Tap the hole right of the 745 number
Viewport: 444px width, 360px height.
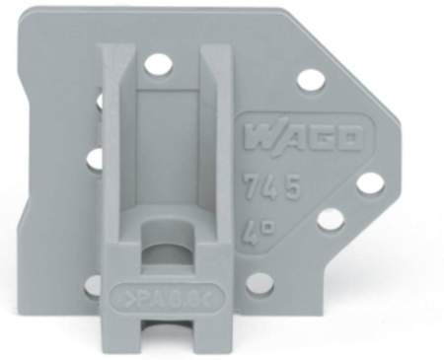coord(368,182)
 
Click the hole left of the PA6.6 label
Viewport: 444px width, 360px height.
coord(93,285)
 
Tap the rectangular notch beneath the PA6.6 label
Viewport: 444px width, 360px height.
coord(159,331)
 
